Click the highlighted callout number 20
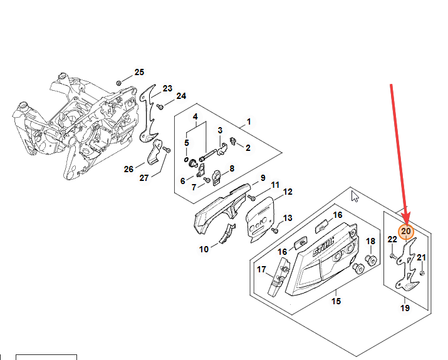coord(406,232)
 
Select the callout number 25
coord(139,72)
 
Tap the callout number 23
coord(167,88)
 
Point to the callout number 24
coord(181,96)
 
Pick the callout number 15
coord(336,301)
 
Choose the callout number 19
coord(405,308)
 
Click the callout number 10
coord(204,249)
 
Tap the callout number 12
coord(288,192)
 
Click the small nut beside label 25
coord(119,83)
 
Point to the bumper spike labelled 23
coord(149,113)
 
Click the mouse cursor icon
coord(355,197)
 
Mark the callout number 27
coord(143,177)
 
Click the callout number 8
coord(231,168)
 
